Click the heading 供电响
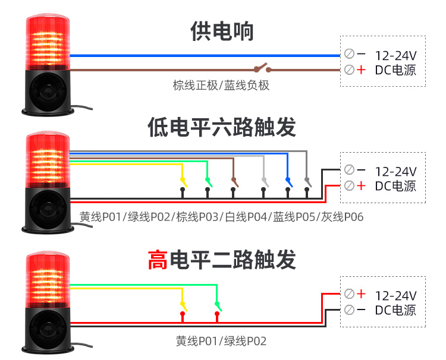pyautogui.click(x=222, y=31)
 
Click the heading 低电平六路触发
pyautogui.click(x=222, y=127)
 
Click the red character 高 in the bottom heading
pyautogui.click(x=158, y=260)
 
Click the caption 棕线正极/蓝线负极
pyautogui.click(x=221, y=86)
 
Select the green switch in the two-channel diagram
pyautogui.click(x=218, y=307)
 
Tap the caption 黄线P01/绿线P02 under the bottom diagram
pyautogui.click(x=221, y=341)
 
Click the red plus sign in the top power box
pyautogui.click(x=362, y=70)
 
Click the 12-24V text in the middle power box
pyautogui.click(x=395, y=172)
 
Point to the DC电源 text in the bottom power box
pyautogui.click(x=395, y=310)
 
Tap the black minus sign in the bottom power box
pyautogui.click(x=362, y=310)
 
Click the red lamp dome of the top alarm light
pyautogui.click(x=47, y=42)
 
